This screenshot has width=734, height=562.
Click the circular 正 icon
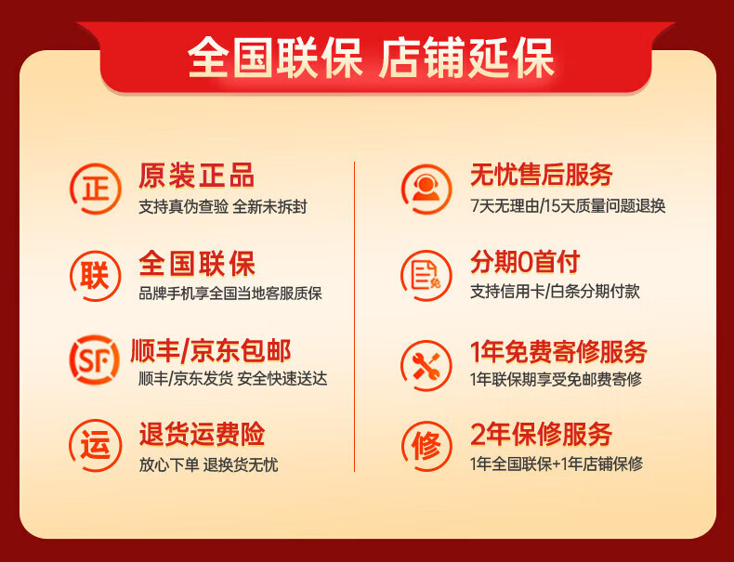coord(95,187)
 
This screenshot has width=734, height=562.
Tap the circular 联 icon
coord(95,274)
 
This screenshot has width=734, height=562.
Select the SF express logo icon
coord(95,360)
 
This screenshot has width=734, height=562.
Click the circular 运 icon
coord(95,446)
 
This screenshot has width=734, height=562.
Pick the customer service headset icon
coord(426,187)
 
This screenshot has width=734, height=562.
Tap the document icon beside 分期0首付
coord(426,274)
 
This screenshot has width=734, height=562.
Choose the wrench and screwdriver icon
coord(426,360)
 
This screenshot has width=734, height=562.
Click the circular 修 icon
coord(426,446)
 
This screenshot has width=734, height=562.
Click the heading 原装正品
coord(196,175)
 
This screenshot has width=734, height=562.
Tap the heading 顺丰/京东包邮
coord(215,350)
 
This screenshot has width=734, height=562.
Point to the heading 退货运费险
coord(202,434)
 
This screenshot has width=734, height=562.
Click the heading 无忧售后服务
coord(542,174)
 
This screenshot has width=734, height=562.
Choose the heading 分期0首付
coord(525,261)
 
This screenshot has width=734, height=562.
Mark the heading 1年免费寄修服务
coord(558,352)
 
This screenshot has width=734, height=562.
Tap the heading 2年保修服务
coord(542,434)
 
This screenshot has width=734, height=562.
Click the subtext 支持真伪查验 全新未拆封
coord(222,206)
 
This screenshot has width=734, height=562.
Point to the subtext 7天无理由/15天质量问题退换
coord(568,205)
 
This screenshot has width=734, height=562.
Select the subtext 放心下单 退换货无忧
coord(208,464)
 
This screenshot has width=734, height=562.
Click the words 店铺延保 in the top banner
coord(466,57)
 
